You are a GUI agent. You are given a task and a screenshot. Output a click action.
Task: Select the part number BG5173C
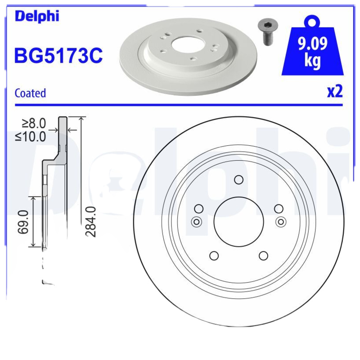pos(58,56)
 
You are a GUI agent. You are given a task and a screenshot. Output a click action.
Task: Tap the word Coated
pos(30,93)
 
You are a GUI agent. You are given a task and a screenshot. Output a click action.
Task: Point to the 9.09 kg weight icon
pos(312,49)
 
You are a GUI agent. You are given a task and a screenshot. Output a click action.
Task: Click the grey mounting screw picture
pos(267,31)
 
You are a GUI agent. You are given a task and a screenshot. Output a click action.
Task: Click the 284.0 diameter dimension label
pos(91,221)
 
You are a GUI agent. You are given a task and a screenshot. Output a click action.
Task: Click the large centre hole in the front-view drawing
pos(238,221)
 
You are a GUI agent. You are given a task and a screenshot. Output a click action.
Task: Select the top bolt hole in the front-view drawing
pos(238,180)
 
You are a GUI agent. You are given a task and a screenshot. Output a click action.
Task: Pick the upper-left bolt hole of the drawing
pos(198,208)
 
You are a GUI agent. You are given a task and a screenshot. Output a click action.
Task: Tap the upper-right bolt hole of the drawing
pos(279,208)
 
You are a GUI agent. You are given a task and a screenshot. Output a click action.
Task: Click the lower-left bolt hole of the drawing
pos(214,256)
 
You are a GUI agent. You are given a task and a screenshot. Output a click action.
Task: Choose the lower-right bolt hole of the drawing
pos(263,256)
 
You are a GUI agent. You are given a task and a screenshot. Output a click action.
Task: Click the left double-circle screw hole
pos(196,221)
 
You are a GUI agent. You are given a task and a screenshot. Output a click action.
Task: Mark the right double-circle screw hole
pos(281,221)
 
